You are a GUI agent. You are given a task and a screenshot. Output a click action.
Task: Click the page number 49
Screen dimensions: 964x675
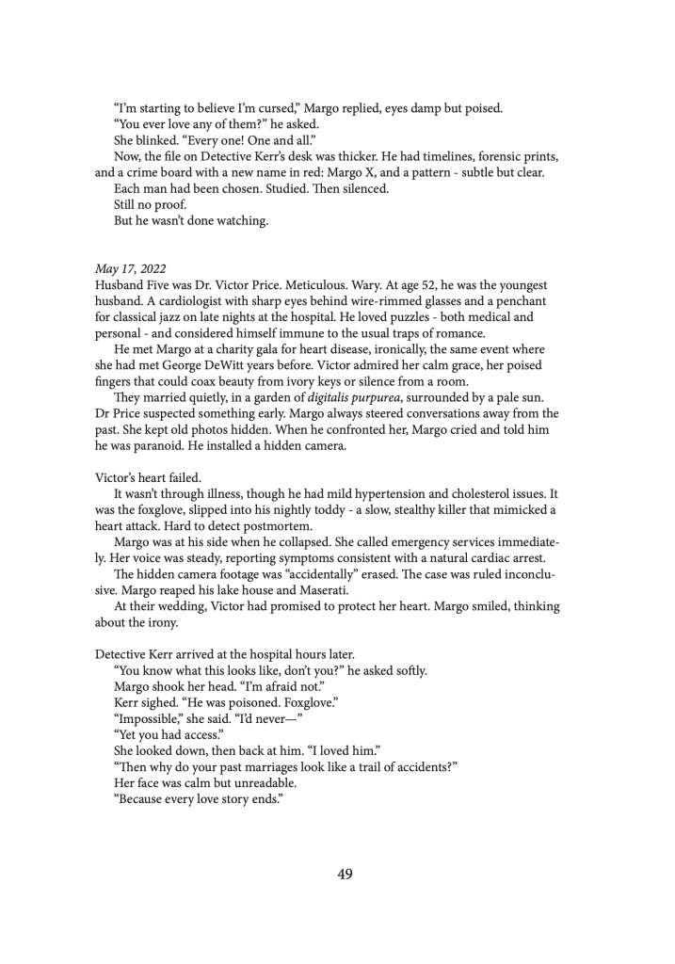(x=345, y=874)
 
